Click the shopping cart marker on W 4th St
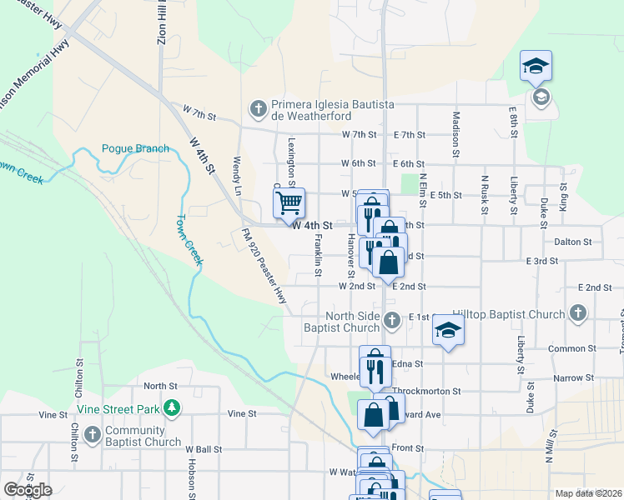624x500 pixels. click(x=289, y=202)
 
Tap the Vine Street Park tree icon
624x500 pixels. click(x=172, y=407)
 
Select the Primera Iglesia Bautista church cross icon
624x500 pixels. click(x=259, y=108)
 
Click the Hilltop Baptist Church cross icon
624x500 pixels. click(x=577, y=312)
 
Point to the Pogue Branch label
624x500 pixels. click(x=135, y=149)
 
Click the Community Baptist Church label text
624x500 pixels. click(x=143, y=437)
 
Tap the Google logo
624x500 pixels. click(x=28, y=489)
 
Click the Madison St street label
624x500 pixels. click(x=456, y=135)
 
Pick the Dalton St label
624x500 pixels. click(x=572, y=242)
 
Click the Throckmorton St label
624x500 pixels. click(x=426, y=391)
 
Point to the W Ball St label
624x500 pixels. click(x=204, y=449)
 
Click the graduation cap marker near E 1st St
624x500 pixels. click(x=448, y=331)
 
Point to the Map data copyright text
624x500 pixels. click(x=588, y=493)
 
